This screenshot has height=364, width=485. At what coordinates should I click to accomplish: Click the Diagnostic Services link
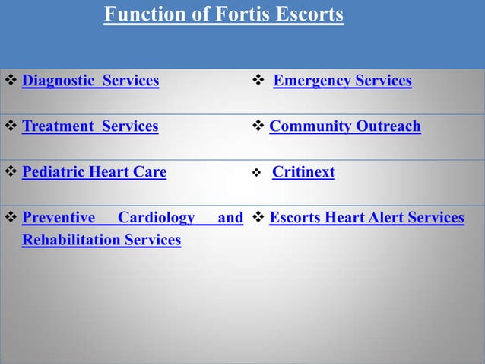[x=90, y=81]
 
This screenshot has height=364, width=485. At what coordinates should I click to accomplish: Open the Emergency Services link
[x=342, y=81]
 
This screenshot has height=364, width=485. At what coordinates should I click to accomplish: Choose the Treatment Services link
[x=90, y=126]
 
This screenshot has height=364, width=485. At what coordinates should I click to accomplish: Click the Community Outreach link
[x=344, y=126]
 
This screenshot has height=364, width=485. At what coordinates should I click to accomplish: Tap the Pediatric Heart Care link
[x=94, y=172]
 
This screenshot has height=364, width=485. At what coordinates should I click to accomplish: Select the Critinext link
[x=303, y=172]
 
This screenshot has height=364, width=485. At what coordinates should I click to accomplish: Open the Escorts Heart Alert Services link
[x=366, y=218]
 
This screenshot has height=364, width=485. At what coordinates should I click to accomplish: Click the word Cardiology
[x=157, y=218]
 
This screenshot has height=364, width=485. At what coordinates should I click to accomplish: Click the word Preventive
[x=59, y=218]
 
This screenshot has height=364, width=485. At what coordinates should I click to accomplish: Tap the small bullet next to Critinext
[x=257, y=174]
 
